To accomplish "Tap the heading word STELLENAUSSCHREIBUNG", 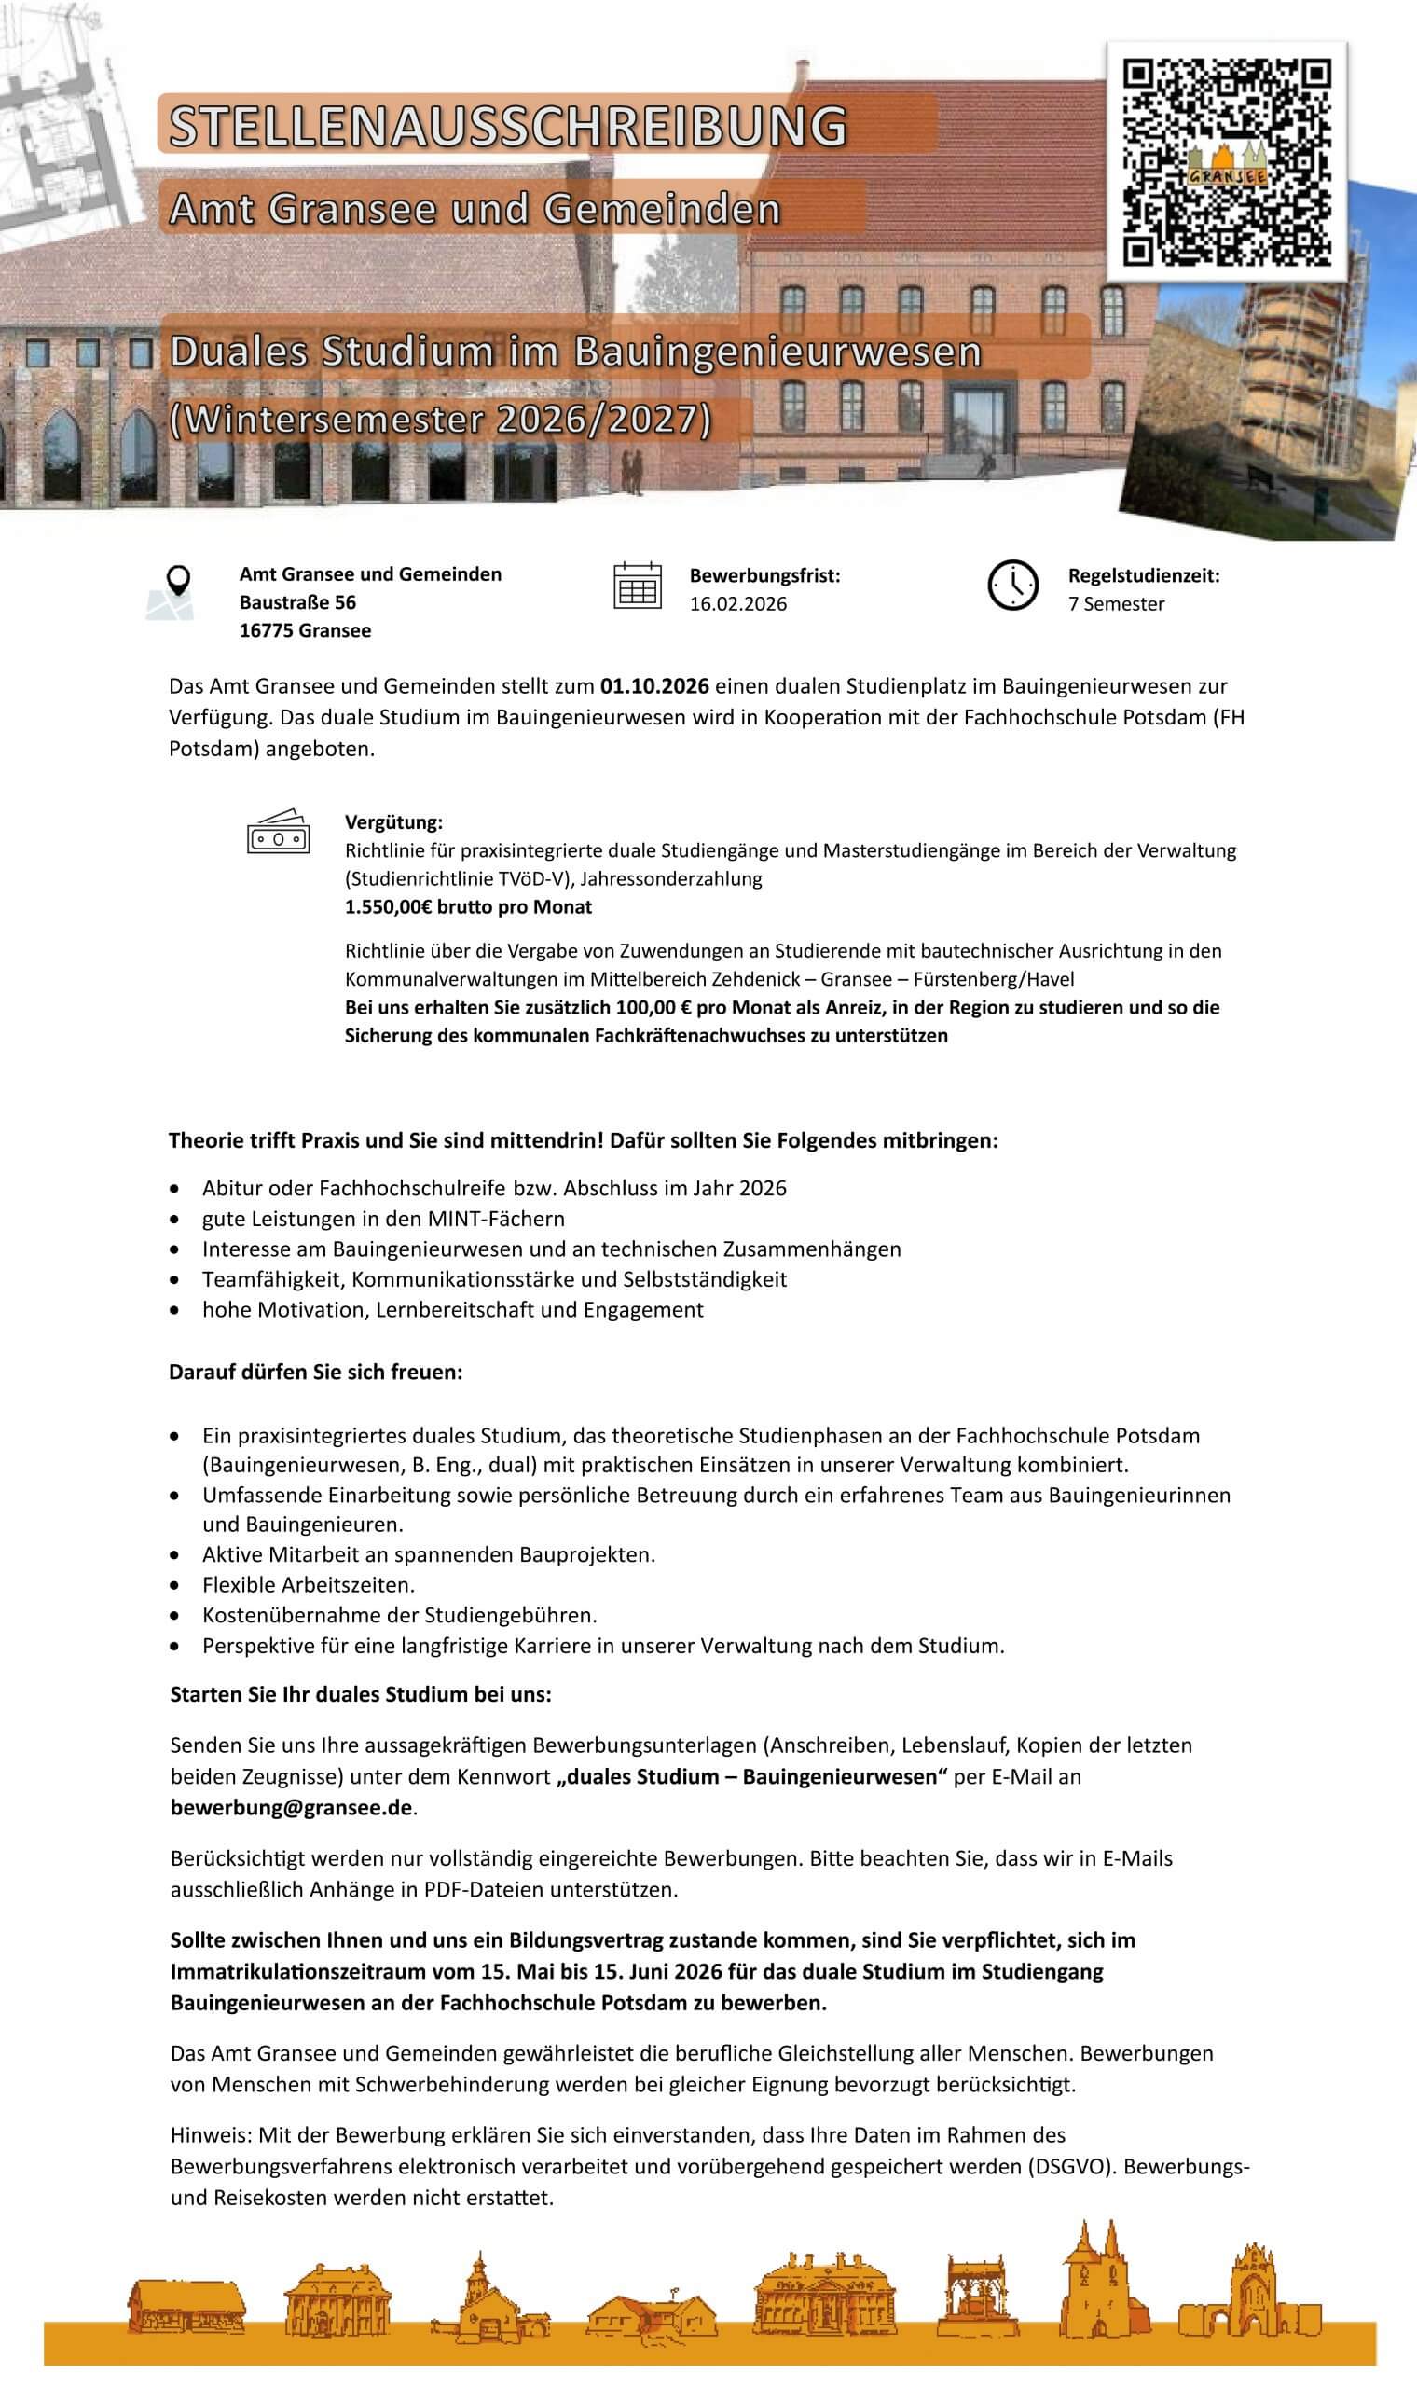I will pyautogui.click(x=508, y=126).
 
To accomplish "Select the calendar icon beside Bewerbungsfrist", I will pyautogui.click(x=637, y=586).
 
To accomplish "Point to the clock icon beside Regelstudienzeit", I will pyautogui.click(x=1012, y=586).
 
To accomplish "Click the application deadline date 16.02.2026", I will pyautogui.click(x=738, y=604).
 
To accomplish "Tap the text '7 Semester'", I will pyautogui.click(x=1116, y=604).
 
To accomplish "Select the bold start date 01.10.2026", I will pyautogui.click(x=654, y=685).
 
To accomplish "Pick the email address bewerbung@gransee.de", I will pyautogui.click(x=291, y=1807).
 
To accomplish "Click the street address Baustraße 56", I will pyautogui.click(x=297, y=602).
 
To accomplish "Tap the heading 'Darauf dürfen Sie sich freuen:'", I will pyautogui.click(x=315, y=1372).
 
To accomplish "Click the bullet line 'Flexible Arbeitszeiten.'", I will pyautogui.click(x=309, y=1585).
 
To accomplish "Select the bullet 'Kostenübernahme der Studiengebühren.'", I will pyautogui.click(x=399, y=1616).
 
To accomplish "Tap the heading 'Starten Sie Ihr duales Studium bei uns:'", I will pyautogui.click(x=361, y=1695).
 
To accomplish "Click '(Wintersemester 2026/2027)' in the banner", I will pyautogui.click(x=440, y=421).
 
